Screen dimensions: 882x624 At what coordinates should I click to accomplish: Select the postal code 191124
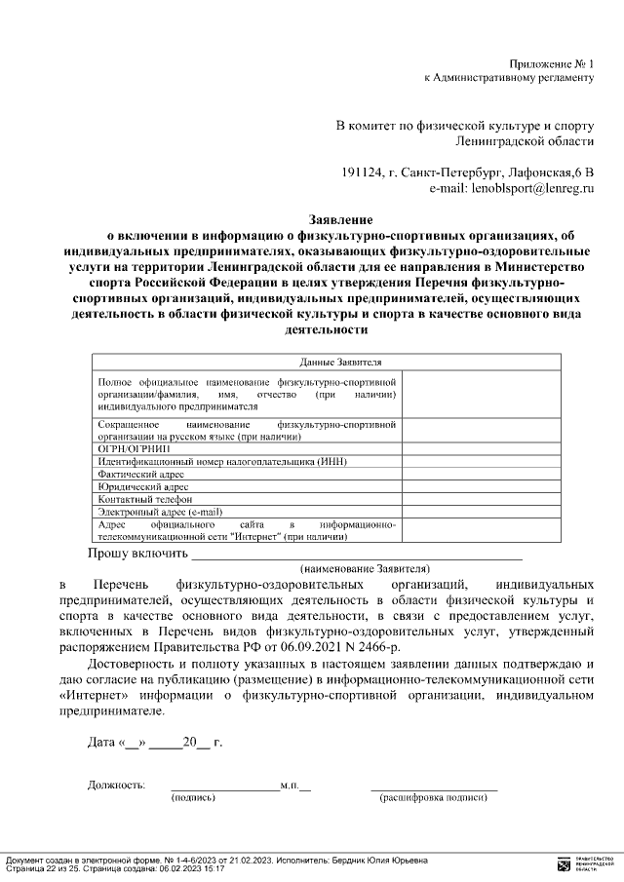[x=360, y=172]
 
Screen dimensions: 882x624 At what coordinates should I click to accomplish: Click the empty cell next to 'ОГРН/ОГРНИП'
[x=482, y=449]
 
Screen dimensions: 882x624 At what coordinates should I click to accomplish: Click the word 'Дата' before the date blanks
[x=102, y=743]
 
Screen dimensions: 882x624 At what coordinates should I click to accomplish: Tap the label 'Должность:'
[x=117, y=785]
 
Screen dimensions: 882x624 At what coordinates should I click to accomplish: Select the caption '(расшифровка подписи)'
[x=433, y=797]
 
